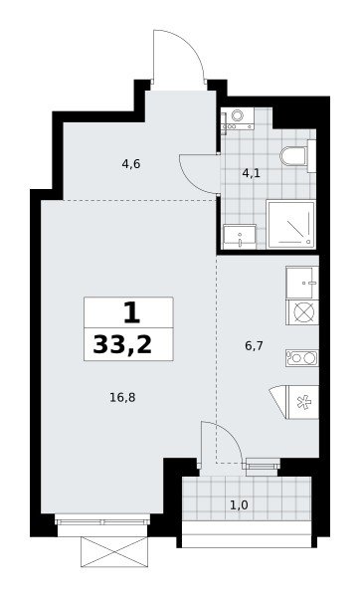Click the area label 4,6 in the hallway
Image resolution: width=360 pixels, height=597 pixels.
[131, 164]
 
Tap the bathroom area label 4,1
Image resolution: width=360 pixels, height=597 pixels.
[252, 173]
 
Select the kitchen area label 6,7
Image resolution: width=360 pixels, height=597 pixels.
[255, 346]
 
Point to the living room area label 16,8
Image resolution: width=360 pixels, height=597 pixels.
[122, 398]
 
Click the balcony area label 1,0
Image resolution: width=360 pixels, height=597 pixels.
[239, 505]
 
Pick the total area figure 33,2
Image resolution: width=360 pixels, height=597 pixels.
[122, 345]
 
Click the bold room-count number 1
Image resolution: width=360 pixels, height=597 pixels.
[131, 313]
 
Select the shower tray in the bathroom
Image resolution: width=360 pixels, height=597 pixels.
[291, 224]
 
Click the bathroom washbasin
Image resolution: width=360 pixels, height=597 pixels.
[240, 237]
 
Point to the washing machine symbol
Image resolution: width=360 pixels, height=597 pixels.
[238, 118]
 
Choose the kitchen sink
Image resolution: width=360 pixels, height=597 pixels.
[302, 283]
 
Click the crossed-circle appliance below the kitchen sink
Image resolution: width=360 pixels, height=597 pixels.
[302, 312]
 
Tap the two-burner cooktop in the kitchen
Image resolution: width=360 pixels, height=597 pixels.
[302, 358]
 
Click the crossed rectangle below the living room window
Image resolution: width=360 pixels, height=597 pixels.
[114, 551]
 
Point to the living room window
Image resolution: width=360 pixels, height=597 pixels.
[102, 519]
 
